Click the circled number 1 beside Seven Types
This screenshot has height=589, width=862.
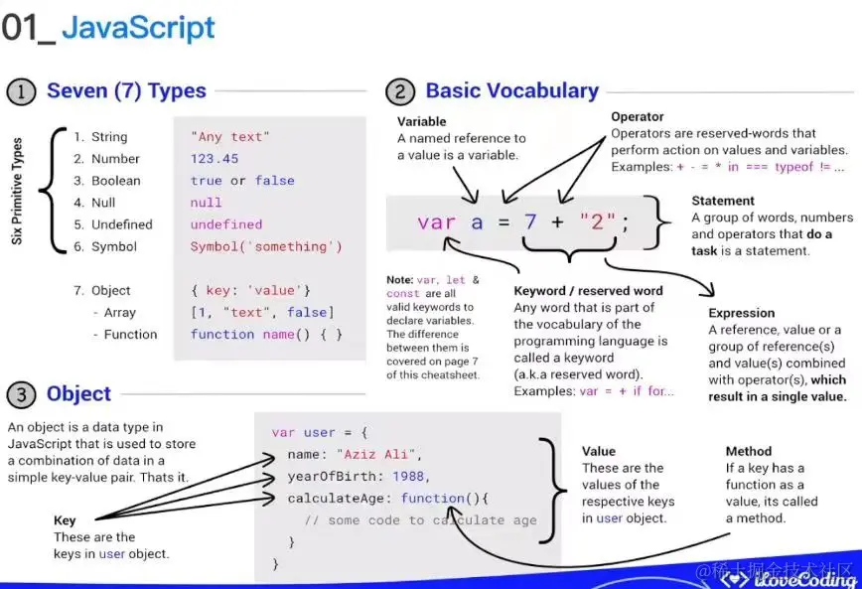21,92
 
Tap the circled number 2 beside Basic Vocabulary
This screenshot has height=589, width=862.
399,92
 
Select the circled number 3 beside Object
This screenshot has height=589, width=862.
21,394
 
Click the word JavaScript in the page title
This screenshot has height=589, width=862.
138,28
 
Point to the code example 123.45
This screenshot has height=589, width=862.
215,159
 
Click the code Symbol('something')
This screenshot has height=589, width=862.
265,246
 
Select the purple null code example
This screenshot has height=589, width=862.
206,203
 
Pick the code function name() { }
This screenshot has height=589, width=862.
265,335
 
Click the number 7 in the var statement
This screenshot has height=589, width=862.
531,222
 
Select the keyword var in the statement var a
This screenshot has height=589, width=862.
436,222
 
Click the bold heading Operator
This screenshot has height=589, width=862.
638,117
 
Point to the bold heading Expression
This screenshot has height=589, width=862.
741,313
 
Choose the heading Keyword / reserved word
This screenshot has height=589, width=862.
588,291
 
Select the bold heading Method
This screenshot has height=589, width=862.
749,451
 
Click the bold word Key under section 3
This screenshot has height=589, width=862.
65,520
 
